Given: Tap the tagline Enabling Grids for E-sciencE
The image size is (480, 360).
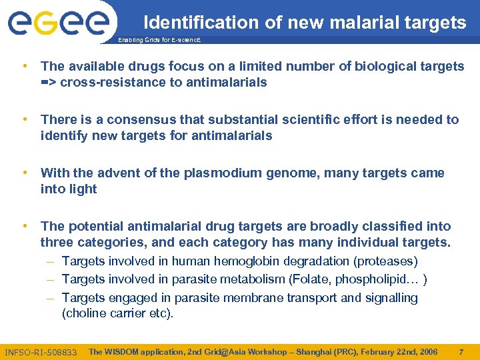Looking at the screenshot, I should (x=159, y=41).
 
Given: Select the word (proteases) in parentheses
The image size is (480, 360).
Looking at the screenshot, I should (x=385, y=261).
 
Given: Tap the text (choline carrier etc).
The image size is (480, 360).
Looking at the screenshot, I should (x=117, y=313).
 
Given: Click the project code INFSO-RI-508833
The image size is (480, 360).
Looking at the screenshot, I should (x=41, y=352).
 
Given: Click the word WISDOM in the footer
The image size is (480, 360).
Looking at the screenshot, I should (x=123, y=351).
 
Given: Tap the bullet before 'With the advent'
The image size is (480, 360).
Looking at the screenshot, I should (x=25, y=173).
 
